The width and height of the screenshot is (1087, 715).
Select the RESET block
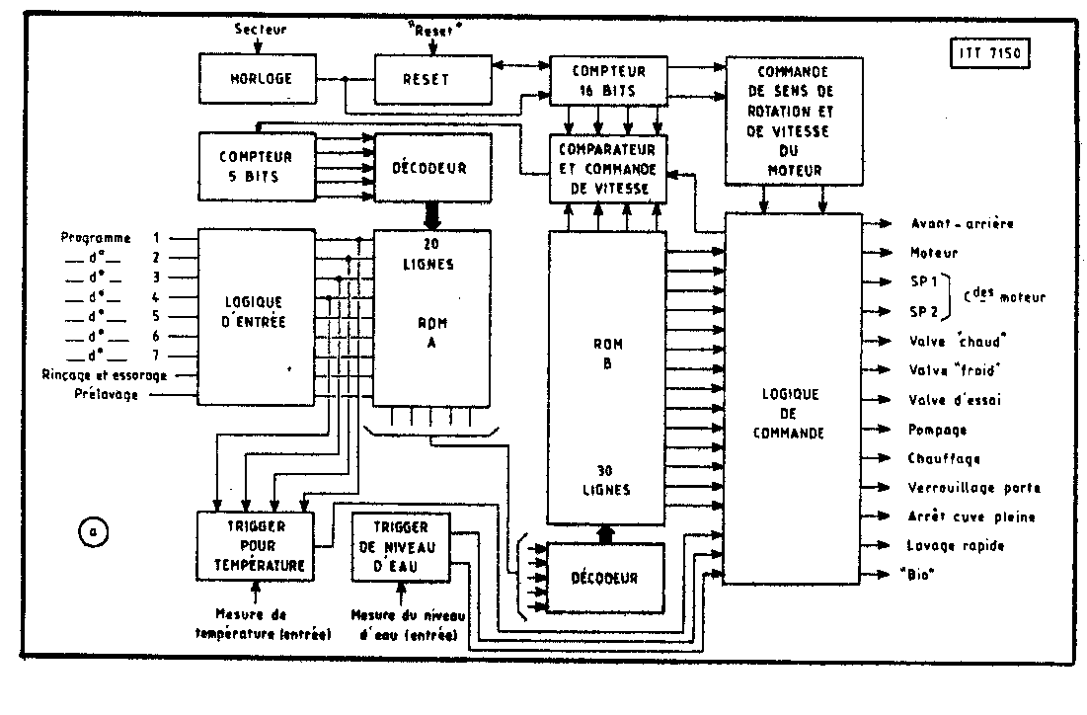click(x=431, y=79)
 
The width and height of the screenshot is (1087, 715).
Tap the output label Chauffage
click(x=943, y=458)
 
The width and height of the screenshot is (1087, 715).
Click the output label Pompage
click(x=937, y=430)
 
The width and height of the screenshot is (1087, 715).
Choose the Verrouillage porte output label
click(x=973, y=488)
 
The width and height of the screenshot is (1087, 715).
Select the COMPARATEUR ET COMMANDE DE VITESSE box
click(x=608, y=169)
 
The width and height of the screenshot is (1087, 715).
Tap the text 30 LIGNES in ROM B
click(x=608, y=480)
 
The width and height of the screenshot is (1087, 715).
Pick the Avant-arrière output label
click(x=961, y=224)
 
